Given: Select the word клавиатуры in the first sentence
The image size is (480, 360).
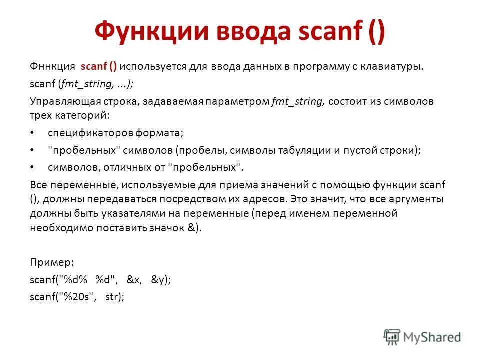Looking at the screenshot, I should pos(395,67).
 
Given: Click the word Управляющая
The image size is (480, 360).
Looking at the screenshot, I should pos(60,101).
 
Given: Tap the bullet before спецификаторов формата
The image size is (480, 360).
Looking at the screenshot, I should pos(33,133).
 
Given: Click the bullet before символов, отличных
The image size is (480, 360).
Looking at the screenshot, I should pos(33,167).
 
